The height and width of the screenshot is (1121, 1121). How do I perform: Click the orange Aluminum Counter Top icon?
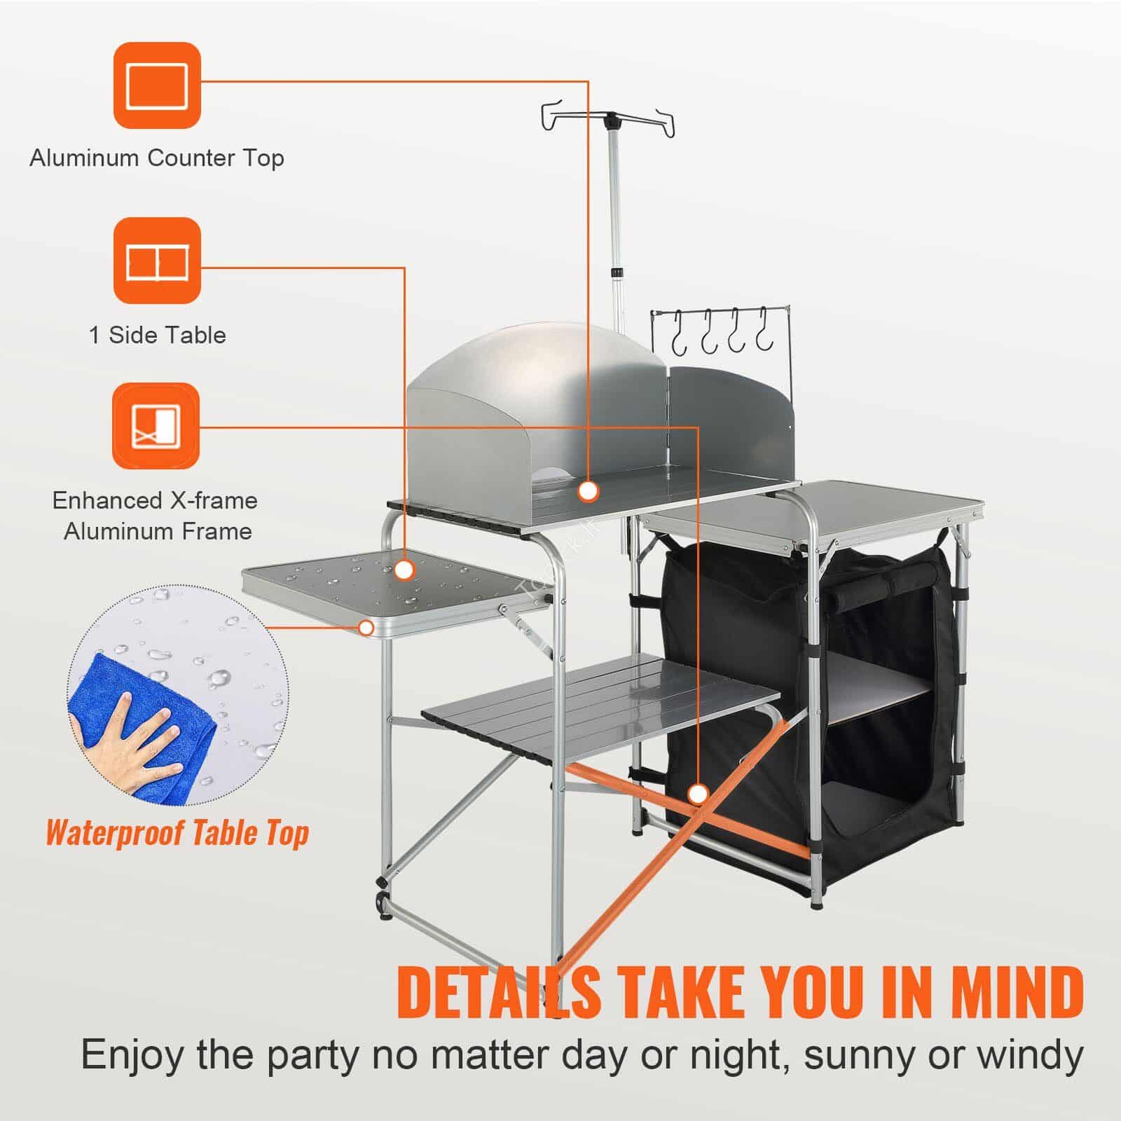pyautogui.click(x=158, y=85)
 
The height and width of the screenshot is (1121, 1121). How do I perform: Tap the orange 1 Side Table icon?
pyautogui.click(x=158, y=260)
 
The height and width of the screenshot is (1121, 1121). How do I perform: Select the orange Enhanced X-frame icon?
pyautogui.click(x=156, y=426)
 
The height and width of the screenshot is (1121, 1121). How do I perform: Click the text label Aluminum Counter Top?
pyautogui.click(x=157, y=158)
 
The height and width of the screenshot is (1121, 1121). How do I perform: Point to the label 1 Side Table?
pyautogui.click(x=158, y=335)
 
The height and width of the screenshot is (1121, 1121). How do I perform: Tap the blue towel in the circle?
pyautogui.click(x=140, y=722)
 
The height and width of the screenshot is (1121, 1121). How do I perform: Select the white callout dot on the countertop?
pyautogui.click(x=589, y=490)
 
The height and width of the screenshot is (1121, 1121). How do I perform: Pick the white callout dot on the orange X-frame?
pyautogui.click(x=697, y=794)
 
